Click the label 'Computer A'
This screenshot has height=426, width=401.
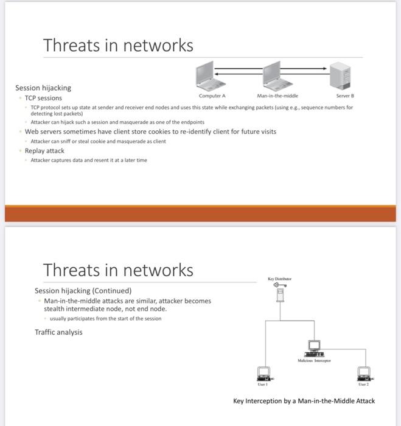pos(212,96)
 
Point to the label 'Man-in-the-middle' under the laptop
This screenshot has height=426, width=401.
pos(277,96)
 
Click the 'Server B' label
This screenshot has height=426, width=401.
pos(344,96)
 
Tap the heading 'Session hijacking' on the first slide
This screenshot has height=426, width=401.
pos(43,88)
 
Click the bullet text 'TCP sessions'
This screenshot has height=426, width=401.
pos(43,98)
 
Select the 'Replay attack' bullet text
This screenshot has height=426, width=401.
pos(44,151)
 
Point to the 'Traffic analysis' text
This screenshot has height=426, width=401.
pos(58,332)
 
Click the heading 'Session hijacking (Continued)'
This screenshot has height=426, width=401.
pos(83,290)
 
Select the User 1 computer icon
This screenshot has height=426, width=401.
pos(264,372)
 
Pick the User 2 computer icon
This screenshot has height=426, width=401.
pos(364,372)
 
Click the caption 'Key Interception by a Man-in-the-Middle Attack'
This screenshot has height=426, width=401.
pos(304,400)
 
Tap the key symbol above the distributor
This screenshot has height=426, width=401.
pos(279,284)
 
